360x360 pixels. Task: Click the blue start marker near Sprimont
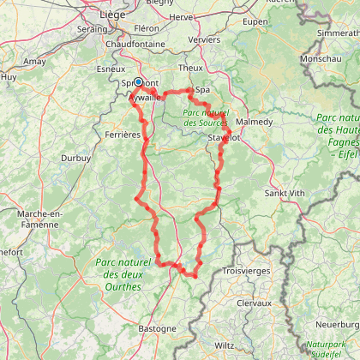pyautogui.click(x=138, y=82)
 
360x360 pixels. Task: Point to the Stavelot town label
pyautogui.click(x=225, y=135)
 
